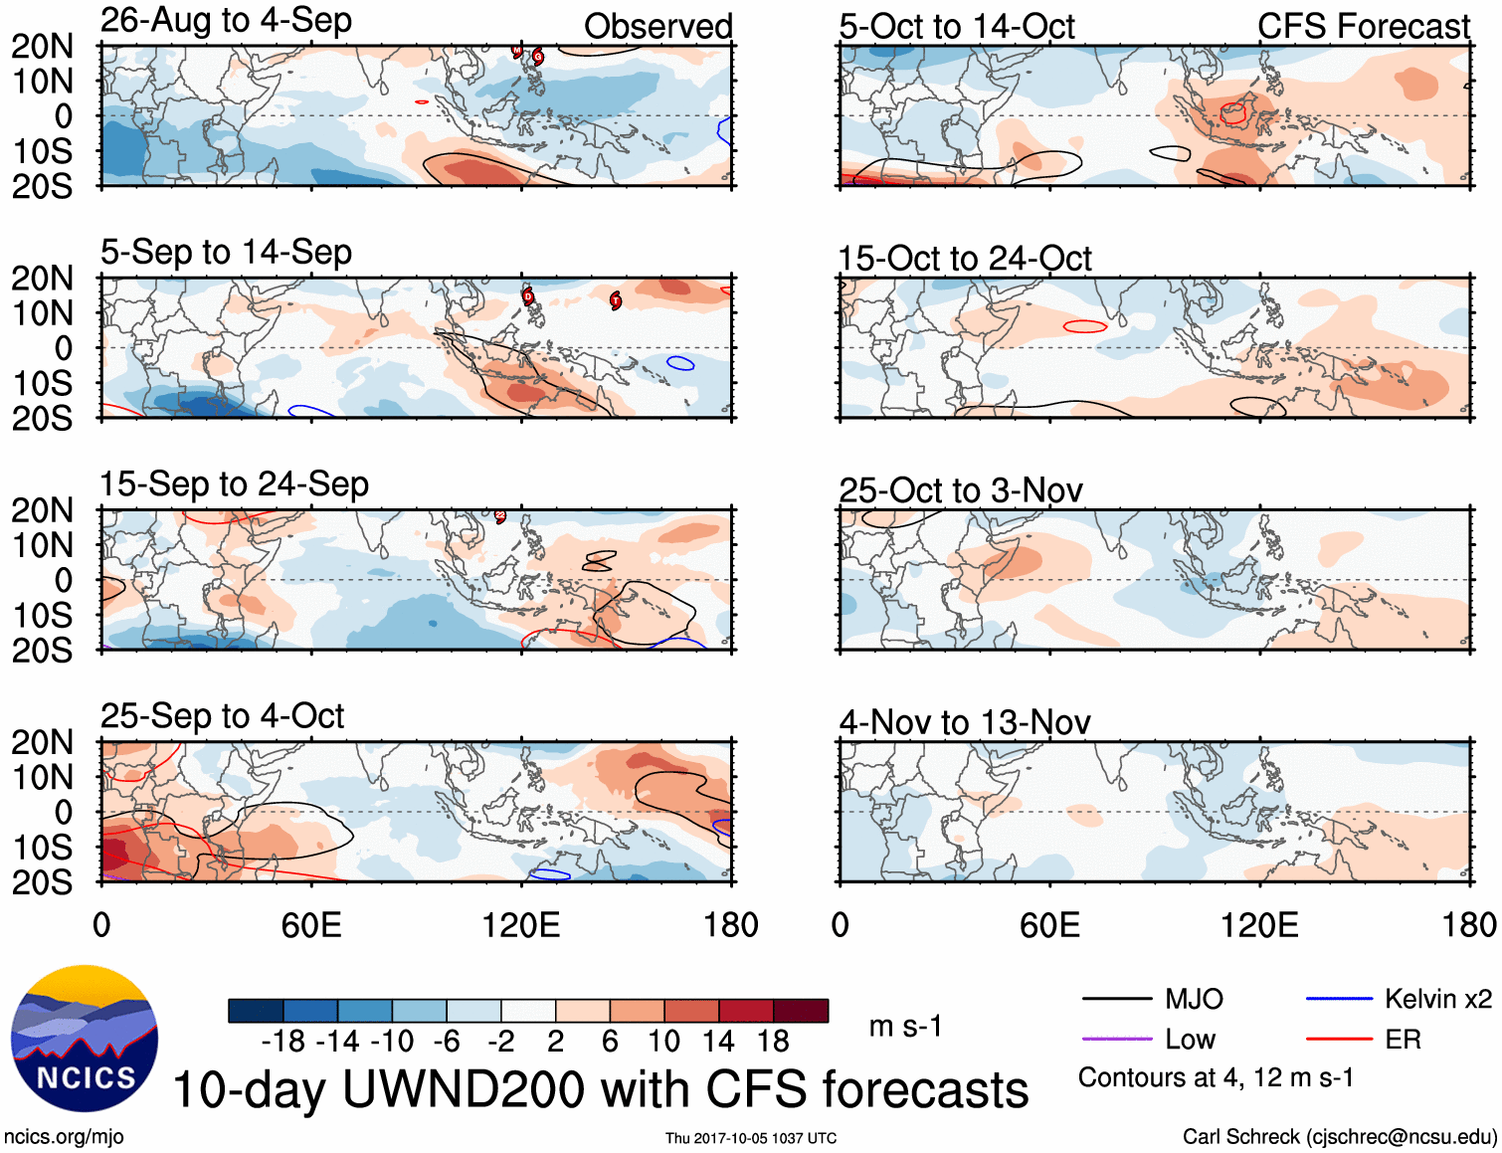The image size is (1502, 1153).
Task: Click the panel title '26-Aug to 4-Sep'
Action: click(x=226, y=20)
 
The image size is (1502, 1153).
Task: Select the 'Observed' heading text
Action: click(x=657, y=26)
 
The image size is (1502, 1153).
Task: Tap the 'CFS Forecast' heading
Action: click(x=1363, y=26)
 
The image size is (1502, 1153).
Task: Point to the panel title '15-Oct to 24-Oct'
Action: click(x=964, y=259)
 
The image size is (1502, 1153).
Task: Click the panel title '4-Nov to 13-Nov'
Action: click(x=964, y=722)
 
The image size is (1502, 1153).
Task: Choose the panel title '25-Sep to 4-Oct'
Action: click(x=222, y=716)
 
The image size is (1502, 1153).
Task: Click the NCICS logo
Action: click(x=85, y=1038)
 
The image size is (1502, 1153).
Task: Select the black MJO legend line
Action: click(x=1115, y=999)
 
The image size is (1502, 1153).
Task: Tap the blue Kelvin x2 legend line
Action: click(x=1339, y=999)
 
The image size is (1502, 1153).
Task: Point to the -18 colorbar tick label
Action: click(x=282, y=1042)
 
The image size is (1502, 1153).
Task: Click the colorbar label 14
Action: click(x=717, y=1042)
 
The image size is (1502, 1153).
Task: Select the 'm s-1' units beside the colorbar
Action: click(x=905, y=1026)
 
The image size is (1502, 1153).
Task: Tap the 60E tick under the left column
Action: click(x=311, y=925)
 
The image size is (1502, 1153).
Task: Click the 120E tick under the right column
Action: click(x=1259, y=925)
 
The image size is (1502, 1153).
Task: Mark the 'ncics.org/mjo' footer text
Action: click(x=64, y=1136)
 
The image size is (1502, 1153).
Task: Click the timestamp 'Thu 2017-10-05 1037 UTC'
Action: click(x=751, y=1138)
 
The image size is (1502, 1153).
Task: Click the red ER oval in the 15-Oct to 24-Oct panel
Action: click(x=1084, y=326)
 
